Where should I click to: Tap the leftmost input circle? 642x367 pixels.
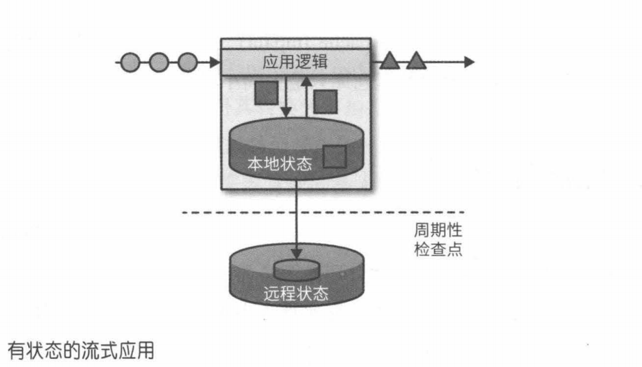[x=130, y=63]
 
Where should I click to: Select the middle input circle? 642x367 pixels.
[x=158, y=63]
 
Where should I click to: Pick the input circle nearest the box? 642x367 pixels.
[x=187, y=63]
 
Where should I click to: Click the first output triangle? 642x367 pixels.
[x=390, y=61]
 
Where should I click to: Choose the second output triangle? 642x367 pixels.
[x=416, y=61]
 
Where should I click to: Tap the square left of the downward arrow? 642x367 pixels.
[x=265, y=93]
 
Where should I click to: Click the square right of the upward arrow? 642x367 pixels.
[x=326, y=101]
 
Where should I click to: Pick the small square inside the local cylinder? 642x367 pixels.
[x=334, y=156]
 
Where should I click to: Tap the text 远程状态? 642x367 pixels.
[x=297, y=294]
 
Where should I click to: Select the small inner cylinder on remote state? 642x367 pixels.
[x=297, y=269]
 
